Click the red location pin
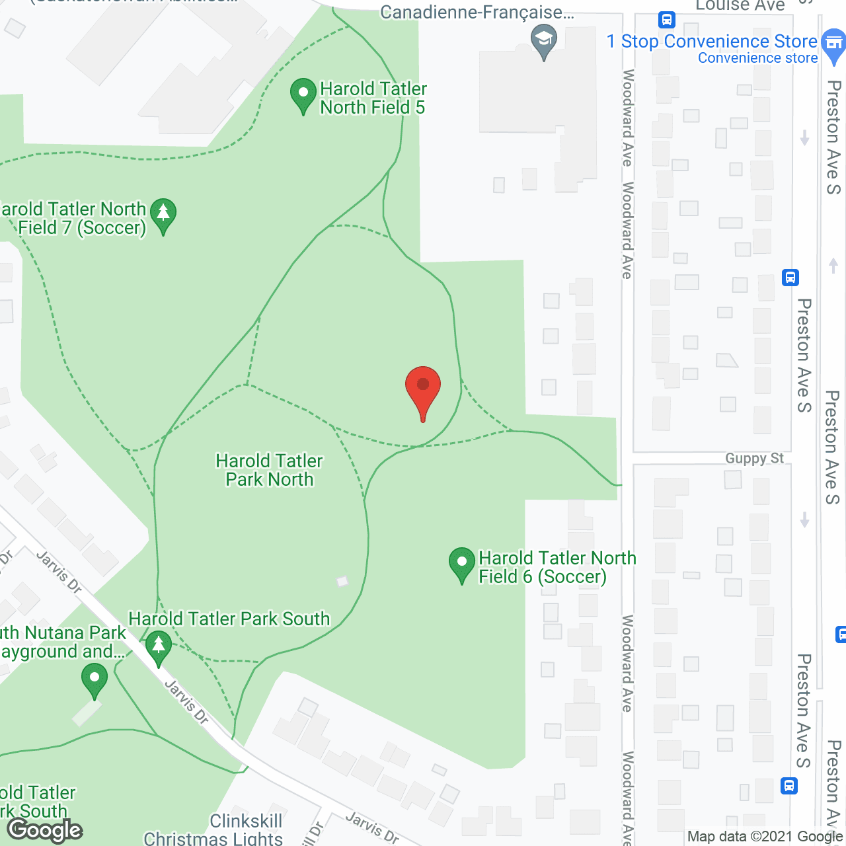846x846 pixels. point(423,387)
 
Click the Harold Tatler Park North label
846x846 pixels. point(270,470)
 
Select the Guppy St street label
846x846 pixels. point(754,458)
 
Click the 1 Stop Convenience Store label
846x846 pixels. point(712,42)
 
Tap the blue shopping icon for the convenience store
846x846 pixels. point(833,44)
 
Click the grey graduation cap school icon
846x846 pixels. point(544,41)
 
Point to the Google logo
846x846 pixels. point(45,830)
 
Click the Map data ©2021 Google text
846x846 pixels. point(765,836)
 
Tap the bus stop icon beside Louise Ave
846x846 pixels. point(667,20)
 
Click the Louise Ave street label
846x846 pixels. point(740,6)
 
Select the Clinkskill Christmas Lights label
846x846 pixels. point(213,830)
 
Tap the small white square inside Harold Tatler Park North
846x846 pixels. point(342,581)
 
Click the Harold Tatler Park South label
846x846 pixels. point(229,619)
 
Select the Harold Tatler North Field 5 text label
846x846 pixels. point(373,98)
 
